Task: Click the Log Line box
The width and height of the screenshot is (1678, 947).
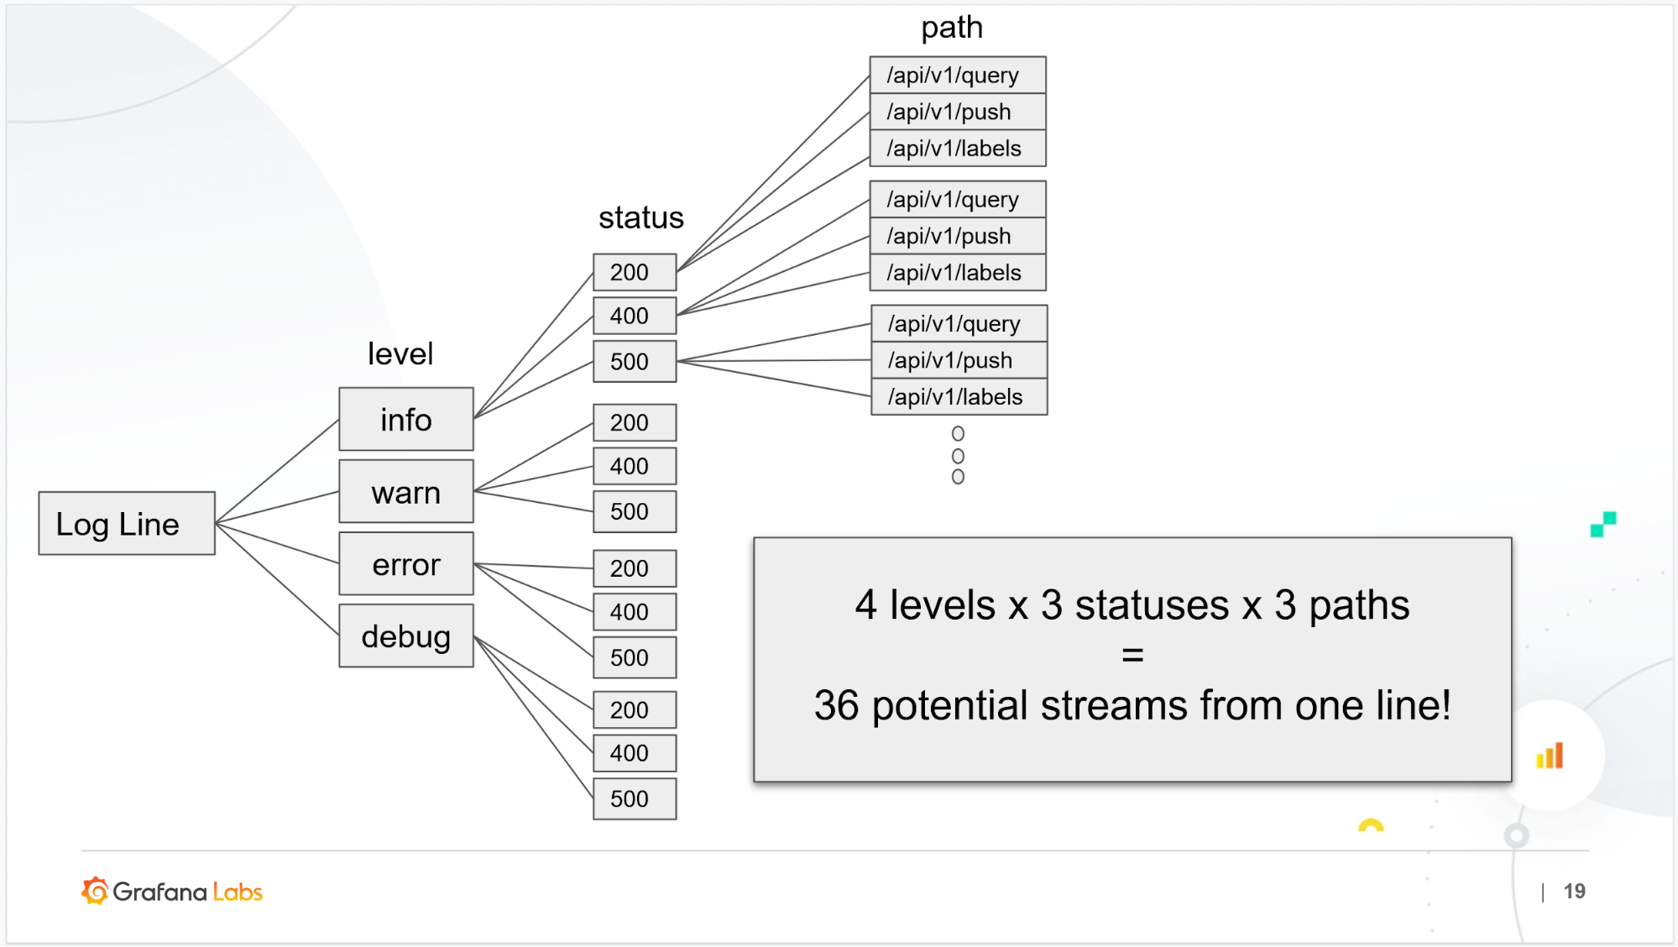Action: click(x=127, y=523)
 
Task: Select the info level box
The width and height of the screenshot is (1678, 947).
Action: click(x=406, y=419)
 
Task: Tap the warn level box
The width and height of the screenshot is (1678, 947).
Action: click(x=406, y=492)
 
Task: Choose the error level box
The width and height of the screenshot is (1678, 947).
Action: click(x=406, y=564)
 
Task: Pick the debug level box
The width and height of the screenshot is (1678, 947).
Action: click(x=406, y=636)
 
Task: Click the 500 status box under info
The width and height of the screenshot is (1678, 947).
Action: click(x=635, y=362)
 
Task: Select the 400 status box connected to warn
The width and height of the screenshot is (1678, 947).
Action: click(x=635, y=466)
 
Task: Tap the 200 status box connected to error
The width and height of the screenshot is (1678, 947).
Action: click(x=635, y=568)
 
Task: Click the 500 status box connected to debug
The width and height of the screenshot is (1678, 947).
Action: click(x=635, y=798)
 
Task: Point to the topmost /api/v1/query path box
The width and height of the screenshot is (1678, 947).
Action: click(x=958, y=75)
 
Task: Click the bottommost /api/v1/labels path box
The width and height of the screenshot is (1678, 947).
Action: click(x=959, y=396)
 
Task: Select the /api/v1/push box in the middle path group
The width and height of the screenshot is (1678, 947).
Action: click(x=958, y=236)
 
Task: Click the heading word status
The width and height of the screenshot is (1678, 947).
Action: click(x=641, y=217)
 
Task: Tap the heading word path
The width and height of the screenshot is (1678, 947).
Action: click(x=952, y=28)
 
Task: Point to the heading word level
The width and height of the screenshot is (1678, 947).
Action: click(x=400, y=353)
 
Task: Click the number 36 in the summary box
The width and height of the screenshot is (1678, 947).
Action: click(x=836, y=705)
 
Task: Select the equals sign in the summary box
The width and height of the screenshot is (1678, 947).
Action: click(x=1132, y=655)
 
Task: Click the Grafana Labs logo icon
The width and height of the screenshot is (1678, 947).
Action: click(x=96, y=891)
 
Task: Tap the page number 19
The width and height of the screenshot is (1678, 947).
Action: click(x=1574, y=891)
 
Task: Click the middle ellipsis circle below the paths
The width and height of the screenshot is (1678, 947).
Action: click(x=958, y=456)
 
